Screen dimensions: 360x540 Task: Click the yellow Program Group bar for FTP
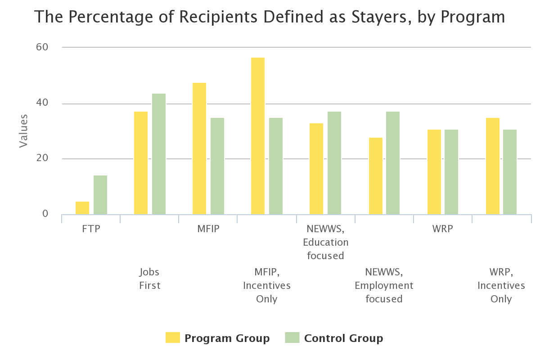pos(82,208)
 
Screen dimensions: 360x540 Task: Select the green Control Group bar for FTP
pos(100,195)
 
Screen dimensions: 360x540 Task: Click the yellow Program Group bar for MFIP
pos(199,148)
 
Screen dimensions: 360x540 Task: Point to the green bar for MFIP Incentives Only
pos(276,166)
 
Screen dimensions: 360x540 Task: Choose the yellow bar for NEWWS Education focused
pos(316,169)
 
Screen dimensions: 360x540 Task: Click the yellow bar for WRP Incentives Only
pos(493,166)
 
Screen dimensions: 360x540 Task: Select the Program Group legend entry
pos(218,338)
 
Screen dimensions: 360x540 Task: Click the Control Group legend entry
pos(335,338)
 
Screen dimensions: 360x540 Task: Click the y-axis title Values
pos(23,131)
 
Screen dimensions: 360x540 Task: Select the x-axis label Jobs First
pos(150,279)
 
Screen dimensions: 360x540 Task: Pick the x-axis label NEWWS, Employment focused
pos(384,285)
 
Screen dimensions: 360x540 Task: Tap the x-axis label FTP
pos(91,229)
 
